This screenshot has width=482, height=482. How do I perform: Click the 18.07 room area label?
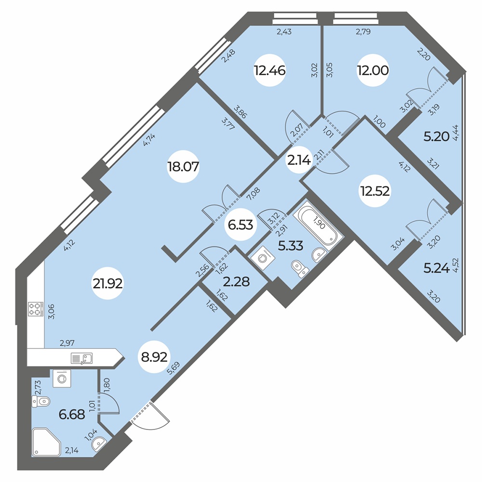183,167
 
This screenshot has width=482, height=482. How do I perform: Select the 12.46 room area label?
269,70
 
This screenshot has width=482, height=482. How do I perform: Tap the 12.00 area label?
373,70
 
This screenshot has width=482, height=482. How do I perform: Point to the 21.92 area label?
108,284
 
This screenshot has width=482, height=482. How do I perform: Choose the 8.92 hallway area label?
154,357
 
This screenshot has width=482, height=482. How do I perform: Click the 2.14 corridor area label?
299,160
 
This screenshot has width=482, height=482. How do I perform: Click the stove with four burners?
35,309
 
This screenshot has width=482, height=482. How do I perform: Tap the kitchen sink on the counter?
82,359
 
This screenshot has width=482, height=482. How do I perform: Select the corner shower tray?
47,442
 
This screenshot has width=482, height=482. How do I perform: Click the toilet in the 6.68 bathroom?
41,401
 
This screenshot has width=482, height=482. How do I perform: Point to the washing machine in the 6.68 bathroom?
62,378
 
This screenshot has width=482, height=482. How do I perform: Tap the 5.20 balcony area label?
437,136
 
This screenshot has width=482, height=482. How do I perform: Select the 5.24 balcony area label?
437,268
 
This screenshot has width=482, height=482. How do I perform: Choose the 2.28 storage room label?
237,281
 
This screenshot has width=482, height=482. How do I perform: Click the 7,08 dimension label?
254,194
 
